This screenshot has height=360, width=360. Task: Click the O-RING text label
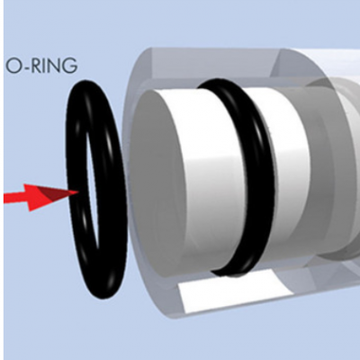pyautogui.click(x=41, y=66)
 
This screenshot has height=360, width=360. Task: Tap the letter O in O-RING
pyautogui.click(x=13, y=66)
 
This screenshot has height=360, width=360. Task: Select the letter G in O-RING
pyautogui.click(x=69, y=66)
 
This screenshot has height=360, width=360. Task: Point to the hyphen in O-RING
pyautogui.click(x=26, y=67)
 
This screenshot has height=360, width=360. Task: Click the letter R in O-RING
pyautogui.click(x=37, y=66)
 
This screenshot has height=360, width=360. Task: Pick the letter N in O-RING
pyautogui.click(x=53, y=66)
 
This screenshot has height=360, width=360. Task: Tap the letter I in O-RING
pyautogui.click(x=44, y=66)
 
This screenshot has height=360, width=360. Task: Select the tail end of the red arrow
pyautogui.click(x=4, y=198)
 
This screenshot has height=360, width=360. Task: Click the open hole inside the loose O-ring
pyautogui.click(x=93, y=186)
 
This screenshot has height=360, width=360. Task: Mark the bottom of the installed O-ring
pyautogui.click(x=232, y=272)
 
